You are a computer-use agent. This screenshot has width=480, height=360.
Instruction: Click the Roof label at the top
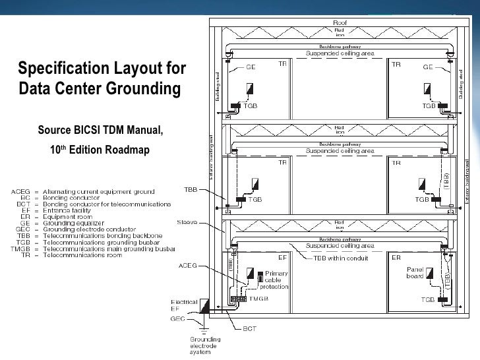(x=340, y=22)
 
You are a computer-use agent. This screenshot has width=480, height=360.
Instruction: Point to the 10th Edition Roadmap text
(x=100, y=150)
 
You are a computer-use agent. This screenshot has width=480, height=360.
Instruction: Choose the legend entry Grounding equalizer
(x=73, y=222)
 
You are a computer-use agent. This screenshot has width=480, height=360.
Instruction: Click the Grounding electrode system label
(x=205, y=345)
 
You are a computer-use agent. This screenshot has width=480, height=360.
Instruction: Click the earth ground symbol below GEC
(x=205, y=327)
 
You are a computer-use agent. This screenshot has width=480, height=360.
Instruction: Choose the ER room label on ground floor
(x=396, y=258)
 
